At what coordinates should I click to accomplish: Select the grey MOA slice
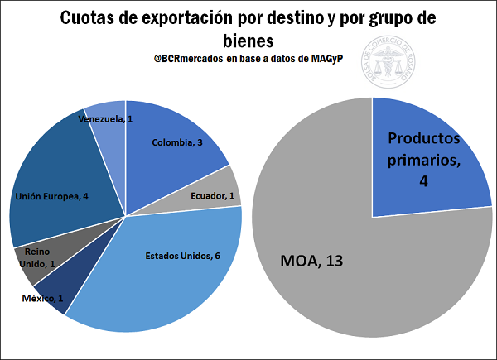tap(348, 265)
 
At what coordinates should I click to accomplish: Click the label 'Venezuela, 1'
tap(106, 120)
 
